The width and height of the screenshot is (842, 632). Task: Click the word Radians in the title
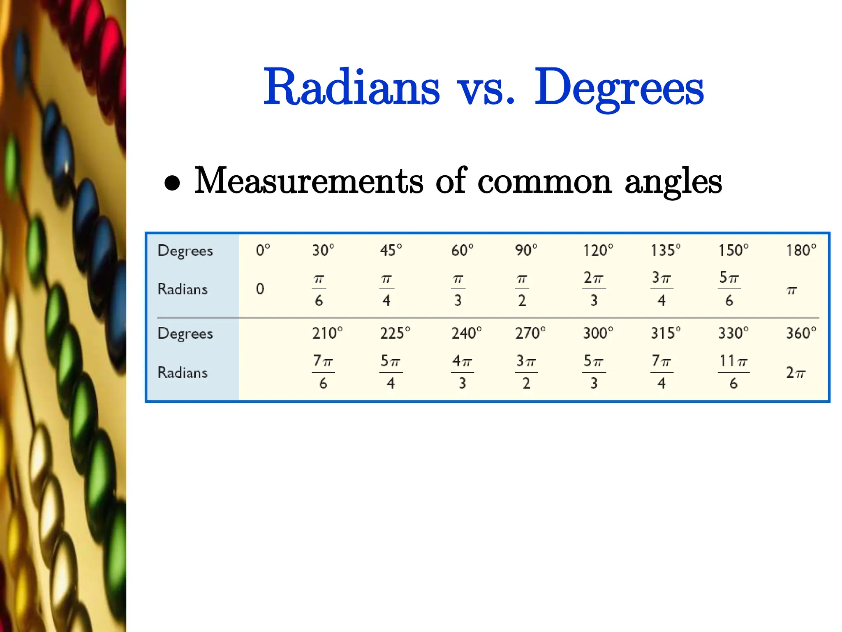coord(352,87)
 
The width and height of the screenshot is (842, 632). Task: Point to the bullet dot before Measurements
coord(172,183)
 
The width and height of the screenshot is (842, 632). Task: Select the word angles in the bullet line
coord(673,182)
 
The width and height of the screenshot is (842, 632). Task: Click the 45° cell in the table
coord(391,250)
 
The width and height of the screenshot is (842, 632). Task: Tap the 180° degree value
coord(800,250)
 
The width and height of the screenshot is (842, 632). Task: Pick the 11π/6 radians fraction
coord(733,372)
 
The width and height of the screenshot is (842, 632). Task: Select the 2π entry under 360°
coord(796,372)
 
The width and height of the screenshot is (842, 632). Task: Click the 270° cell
coord(530,333)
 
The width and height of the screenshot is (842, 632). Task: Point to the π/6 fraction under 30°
coord(319,289)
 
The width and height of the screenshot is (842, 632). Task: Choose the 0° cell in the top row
coord(263,250)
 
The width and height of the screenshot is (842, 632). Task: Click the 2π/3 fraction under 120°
coord(594,289)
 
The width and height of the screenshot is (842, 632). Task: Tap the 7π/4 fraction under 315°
coord(662,372)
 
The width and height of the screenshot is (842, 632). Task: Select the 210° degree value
coord(327,333)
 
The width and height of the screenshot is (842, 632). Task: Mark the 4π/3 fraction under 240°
coord(462,372)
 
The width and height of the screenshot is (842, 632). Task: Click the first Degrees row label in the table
coord(185,251)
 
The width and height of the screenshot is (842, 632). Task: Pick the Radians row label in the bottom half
coord(183,372)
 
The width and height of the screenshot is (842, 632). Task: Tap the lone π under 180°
coord(791,290)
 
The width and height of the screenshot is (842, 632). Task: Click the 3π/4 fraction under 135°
coord(662,289)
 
